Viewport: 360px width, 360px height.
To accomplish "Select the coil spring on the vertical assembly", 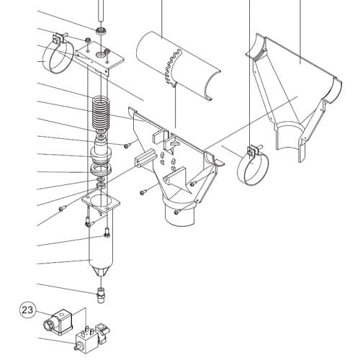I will [102, 112].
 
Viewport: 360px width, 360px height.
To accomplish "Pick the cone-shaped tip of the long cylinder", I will [100, 271].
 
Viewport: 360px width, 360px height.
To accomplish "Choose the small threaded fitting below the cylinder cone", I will [101, 292].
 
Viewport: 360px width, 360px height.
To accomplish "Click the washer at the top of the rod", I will [102, 31].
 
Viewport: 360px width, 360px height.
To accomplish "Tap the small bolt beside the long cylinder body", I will [107, 232].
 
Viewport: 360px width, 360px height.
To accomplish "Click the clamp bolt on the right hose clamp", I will [250, 151].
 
